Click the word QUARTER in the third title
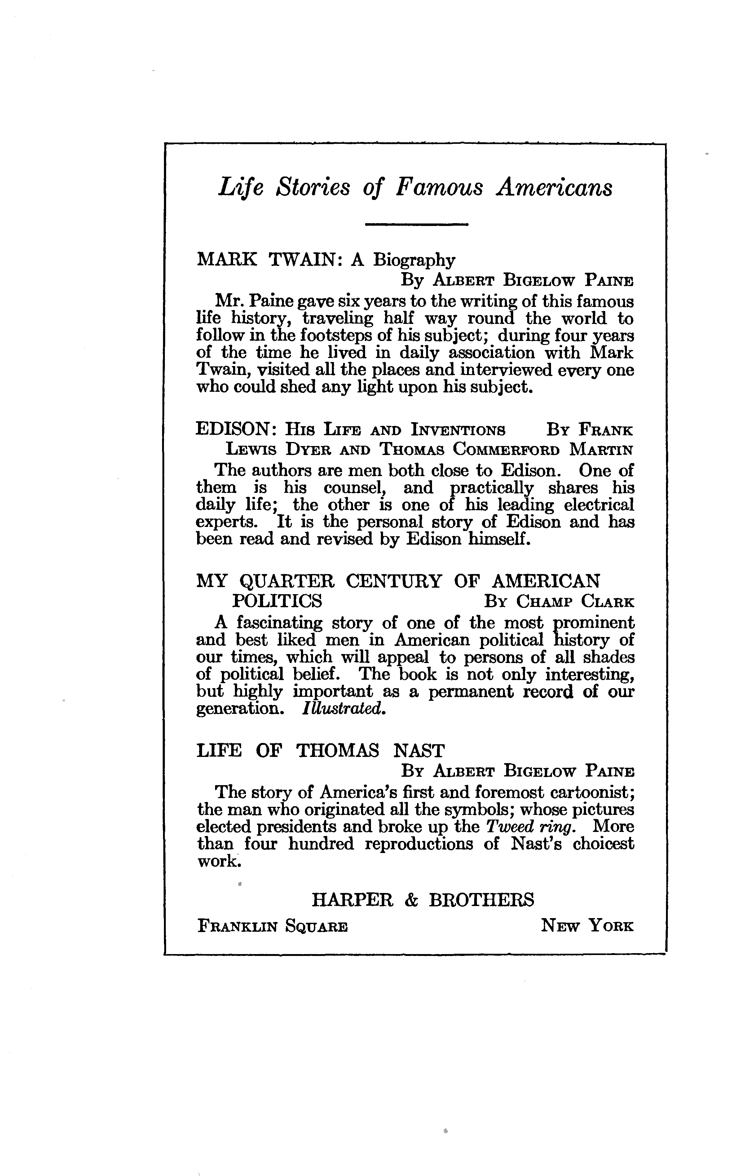(287, 581)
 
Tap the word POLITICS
(277, 600)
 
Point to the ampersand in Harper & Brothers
(411, 900)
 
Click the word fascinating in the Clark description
(280, 623)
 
